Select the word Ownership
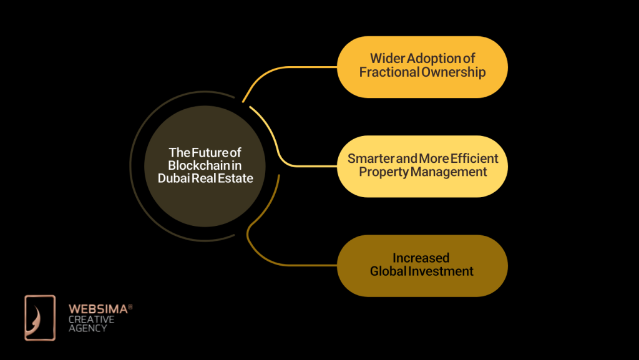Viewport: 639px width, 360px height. [454, 72]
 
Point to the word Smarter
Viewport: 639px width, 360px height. [371, 158]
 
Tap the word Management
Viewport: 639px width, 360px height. [449, 172]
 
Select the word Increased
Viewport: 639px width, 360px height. [421, 258]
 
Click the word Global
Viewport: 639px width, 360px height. [388, 271]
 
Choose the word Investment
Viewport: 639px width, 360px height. [441, 271]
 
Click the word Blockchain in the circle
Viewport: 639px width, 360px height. [199, 165]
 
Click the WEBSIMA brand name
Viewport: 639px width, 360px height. [98, 309]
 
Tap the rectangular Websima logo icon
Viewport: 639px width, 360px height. [40, 318]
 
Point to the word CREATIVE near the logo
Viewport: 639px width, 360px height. [91, 319]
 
